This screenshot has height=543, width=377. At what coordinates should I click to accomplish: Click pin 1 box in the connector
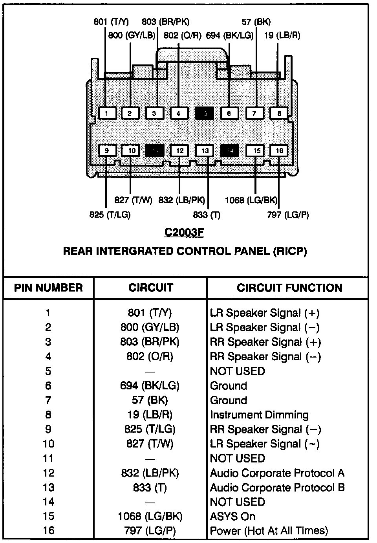click(107, 114)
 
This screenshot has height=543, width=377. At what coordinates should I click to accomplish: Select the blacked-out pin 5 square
click(204, 114)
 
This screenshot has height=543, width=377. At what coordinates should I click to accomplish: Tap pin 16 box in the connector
click(279, 150)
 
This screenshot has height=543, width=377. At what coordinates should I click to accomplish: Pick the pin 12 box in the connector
click(180, 150)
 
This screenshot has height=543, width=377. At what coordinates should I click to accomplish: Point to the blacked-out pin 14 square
click(230, 150)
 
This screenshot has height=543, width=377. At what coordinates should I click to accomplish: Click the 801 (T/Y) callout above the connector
click(111, 22)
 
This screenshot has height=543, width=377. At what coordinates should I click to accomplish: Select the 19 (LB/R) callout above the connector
click(282, 35)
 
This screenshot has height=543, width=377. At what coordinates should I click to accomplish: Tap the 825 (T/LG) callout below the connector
click(110, 215)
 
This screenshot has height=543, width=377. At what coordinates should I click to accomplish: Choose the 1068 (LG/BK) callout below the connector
click(251, 200)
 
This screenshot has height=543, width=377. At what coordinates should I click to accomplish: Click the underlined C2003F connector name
click(184, 233)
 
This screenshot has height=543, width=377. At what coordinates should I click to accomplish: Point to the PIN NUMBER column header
click(48, 288)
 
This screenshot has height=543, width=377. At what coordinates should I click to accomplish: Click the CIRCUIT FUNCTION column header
click(289, 288)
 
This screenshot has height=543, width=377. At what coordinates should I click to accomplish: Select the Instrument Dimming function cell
click(259, 415)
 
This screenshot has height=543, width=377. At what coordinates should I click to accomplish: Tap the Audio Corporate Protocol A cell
click(277, 473)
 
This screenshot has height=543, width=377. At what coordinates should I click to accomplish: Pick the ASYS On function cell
click(232, 516)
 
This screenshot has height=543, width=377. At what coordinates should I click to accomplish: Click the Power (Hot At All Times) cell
click(269, 531)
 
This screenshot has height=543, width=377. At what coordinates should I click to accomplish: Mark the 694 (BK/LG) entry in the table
click(150, 386)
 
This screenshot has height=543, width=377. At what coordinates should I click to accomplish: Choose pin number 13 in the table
click(48, 488)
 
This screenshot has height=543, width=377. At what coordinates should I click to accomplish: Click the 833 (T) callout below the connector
click(207, 215)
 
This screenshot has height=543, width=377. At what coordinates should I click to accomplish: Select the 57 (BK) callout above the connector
click(256, 22)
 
